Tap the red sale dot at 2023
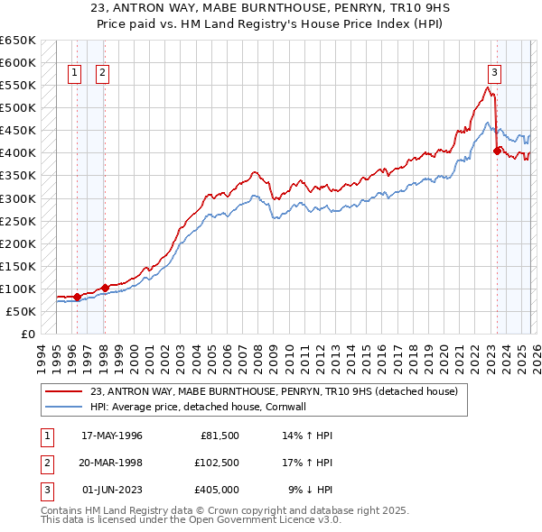(497, 151)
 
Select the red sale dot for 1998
(105, 288)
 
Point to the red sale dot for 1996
(77, 297)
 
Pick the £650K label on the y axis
(18, 41)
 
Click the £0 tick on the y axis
(27, 334)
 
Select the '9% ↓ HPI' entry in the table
(310, 490)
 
